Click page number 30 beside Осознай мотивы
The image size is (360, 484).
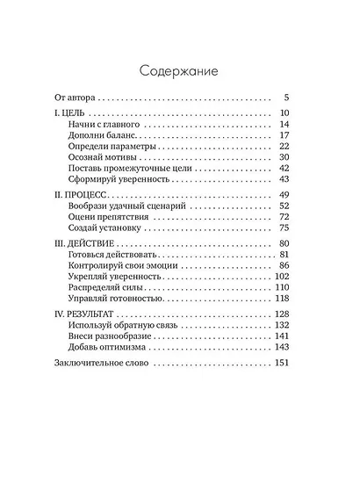click(284, 157)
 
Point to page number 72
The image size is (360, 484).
click(284, 216)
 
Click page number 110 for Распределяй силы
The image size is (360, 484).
click(282, 286)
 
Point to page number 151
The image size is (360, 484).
click(282, 361)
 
